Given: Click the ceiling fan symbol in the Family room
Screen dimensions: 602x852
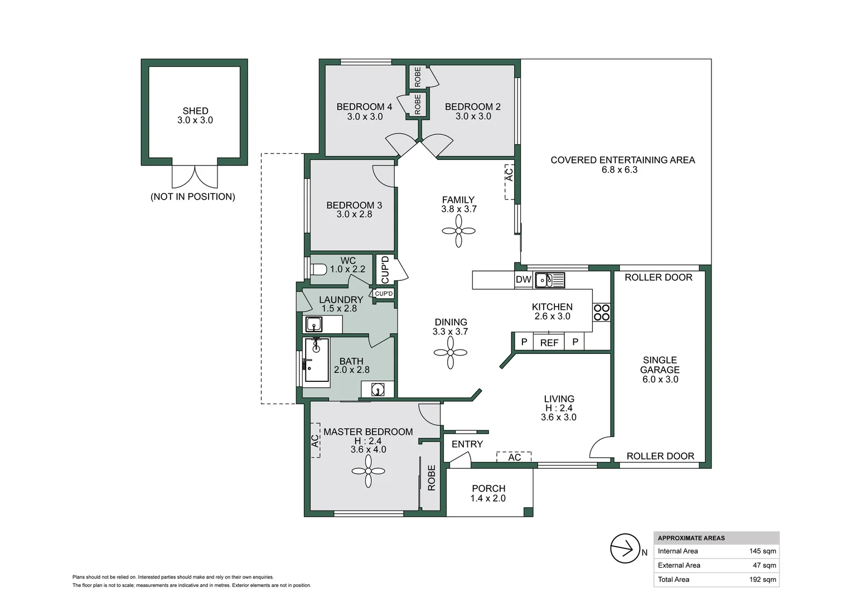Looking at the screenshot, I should pos(458,231).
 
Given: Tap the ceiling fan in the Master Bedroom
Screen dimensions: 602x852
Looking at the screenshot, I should pos(369,471).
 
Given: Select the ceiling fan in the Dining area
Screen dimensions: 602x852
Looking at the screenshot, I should pos(451,352).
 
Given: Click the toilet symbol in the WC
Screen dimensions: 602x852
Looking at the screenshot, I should pos(318,270).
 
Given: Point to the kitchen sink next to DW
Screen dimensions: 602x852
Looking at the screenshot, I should pos(549,280).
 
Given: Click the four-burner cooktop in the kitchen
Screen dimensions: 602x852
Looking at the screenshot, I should pos(602,312).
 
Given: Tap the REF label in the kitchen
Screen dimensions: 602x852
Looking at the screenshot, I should pos(549,343).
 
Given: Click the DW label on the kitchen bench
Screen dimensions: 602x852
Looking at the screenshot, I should pos(523,280).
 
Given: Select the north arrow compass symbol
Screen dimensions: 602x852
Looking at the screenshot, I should pos(625,548).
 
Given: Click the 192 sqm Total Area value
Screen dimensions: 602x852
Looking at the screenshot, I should pos(762,580).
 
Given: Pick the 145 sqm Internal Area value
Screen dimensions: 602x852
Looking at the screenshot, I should pos(762,551).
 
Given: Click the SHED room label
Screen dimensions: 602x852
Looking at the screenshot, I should pos(195,111).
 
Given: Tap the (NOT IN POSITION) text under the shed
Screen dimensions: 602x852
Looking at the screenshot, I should pos(193,197).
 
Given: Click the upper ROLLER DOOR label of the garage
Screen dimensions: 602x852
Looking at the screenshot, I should pos(658,278).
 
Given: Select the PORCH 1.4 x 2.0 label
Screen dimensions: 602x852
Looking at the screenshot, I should pos(488,493).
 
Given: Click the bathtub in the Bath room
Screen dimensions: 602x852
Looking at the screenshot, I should pos(317,361).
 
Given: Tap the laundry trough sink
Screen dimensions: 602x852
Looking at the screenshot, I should pos(314,324).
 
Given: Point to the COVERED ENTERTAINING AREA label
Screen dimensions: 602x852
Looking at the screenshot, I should pos(622,161).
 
